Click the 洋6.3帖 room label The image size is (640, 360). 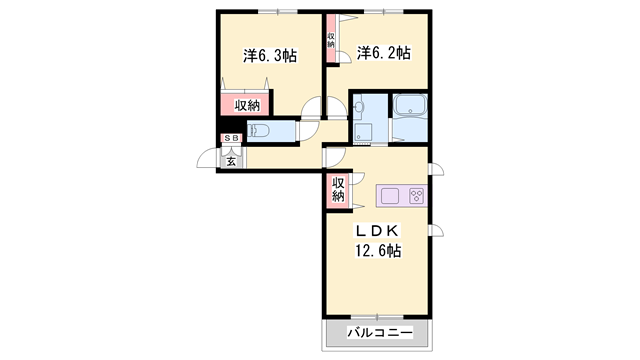click(270, 56)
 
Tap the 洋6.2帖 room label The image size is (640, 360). click(383, 53)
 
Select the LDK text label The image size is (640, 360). click(377, 231)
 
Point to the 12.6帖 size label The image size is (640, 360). click(378, 250)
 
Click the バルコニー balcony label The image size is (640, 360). click(380, 332)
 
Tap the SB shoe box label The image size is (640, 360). click(231, 138)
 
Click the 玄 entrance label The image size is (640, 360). click(231, 162)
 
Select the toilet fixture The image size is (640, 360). click(258, 131)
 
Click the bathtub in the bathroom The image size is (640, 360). click(410, 106)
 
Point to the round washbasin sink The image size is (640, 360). click(359, 107)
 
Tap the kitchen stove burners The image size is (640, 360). click(416, 196)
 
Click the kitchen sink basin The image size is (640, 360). click(390, 196)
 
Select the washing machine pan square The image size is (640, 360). click(362, 132)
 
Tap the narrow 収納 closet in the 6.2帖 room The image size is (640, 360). click(331, 39)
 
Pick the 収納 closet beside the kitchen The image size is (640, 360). click(338, 190)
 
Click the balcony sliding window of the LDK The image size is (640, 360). click(377, 317)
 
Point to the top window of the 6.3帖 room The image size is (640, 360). click(278, 11)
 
